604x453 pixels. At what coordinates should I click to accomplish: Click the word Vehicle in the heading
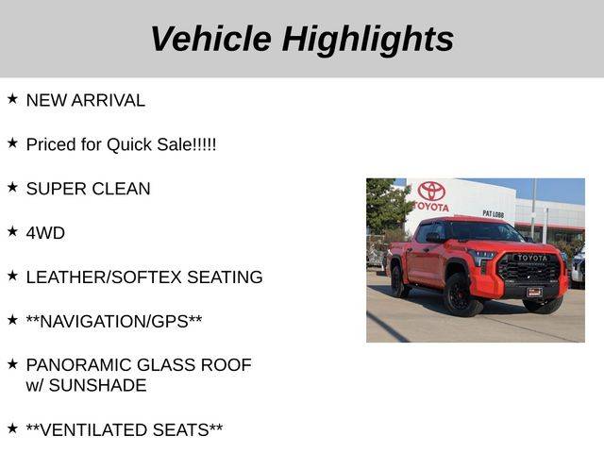tap(211, 38)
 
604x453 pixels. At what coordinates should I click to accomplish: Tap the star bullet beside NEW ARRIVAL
tap(12, 98)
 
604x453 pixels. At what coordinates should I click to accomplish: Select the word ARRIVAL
tap(109, 101)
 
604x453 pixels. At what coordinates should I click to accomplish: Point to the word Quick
tap(129, 145)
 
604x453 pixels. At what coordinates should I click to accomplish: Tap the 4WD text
tap(45, 233)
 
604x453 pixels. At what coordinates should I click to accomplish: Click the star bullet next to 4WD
tap(12, 231)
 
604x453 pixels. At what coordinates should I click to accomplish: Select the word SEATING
tap(225, 277)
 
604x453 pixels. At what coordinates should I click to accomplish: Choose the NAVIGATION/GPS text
tap(114, 322)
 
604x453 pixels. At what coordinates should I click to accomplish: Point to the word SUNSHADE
tap(98, 386)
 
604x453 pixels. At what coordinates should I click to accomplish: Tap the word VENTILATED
tap(95, 430)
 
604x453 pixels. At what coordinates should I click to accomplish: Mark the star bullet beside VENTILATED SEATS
tap(12, 428)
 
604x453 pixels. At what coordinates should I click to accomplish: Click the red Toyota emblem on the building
tap(431, 192)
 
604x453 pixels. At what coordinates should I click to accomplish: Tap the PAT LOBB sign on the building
tap(493, 214)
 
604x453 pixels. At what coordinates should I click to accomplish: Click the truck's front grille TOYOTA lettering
tap(532, 258)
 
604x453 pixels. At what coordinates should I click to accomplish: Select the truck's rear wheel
tap(398, 280)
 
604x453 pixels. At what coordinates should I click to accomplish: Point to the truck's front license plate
tap(534, 293)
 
